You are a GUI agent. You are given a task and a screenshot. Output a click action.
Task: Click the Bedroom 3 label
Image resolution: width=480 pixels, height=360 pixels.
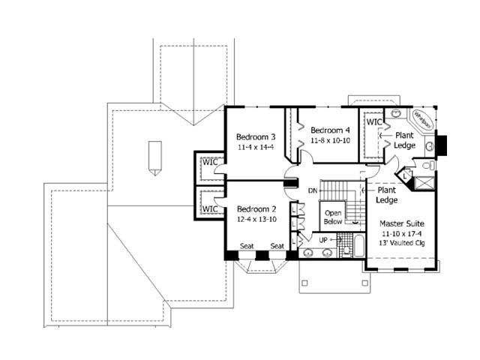point(256,136)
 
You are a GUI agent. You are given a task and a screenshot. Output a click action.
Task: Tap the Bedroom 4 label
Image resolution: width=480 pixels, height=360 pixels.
point(331,130)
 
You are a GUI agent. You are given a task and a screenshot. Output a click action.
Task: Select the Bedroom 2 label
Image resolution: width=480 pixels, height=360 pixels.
point(256,208)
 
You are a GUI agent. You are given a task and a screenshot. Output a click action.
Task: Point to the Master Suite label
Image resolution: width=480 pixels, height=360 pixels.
point(403,223)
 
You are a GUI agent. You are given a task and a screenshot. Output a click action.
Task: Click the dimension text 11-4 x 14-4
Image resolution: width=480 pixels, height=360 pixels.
point(256,147)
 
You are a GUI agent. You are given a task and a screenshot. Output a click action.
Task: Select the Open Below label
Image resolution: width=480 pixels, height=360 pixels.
point(333,217)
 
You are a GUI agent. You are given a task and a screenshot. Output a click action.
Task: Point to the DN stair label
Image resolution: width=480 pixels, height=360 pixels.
point(313,190)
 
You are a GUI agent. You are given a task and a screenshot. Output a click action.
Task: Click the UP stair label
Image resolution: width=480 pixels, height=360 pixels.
point(324,239)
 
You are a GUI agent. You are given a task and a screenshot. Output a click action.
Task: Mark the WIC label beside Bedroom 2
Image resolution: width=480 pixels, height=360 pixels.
point(210,208)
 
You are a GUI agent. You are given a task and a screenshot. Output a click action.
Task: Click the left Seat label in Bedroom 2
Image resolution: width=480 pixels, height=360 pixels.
point(245,246)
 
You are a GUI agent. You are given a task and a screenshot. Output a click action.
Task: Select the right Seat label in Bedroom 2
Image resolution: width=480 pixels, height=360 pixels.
point(277,246)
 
